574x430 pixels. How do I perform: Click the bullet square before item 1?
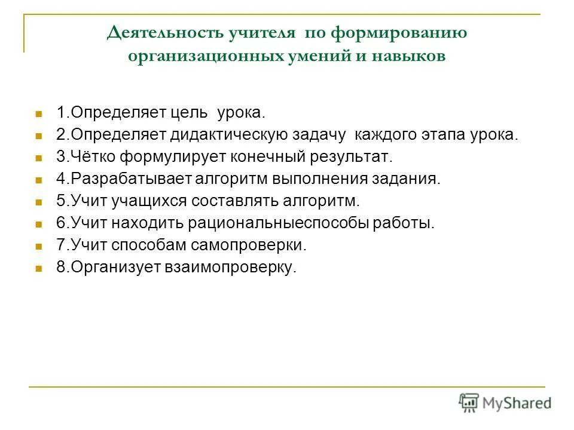tap(39, 113)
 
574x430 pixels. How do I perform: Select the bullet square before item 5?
tap(39, 202)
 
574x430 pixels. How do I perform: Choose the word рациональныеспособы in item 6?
tap(279, 224)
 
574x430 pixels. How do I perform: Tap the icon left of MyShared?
tap(469, 403)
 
